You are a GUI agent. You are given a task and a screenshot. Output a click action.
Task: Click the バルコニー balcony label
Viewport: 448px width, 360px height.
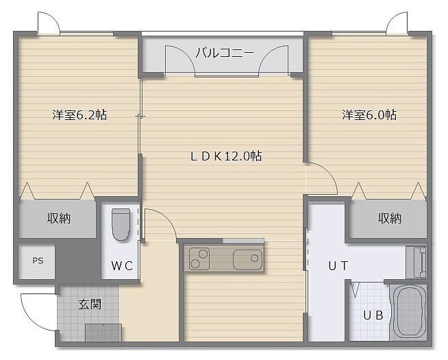click(225, 53)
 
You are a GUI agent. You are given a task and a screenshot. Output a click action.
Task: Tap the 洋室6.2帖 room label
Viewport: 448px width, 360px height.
click(79, 115)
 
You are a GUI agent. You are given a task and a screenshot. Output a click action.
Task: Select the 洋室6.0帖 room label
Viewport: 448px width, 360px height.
click(369, 115)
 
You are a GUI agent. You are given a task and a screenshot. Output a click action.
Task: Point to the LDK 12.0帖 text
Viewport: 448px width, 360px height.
click(226, 156)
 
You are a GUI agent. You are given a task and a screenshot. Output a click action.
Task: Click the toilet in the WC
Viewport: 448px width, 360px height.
click(121, 224)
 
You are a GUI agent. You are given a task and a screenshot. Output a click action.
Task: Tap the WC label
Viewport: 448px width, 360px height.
click(122, 266)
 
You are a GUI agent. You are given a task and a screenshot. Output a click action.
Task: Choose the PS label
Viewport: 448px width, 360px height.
click(38, 261)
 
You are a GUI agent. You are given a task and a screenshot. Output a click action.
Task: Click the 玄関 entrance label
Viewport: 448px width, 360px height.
click(90, 304)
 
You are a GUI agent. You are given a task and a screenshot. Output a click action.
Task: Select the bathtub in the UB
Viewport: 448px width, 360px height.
click(408, 311)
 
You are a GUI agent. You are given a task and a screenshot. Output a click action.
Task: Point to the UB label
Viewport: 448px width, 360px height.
click(373, 315)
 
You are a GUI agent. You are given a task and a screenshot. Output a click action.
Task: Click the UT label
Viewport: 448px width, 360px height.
click(338, 265)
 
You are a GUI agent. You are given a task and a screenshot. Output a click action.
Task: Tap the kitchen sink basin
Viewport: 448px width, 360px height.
click(247, 260)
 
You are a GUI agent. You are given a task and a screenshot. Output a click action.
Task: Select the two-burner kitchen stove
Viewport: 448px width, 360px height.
click(199, 259)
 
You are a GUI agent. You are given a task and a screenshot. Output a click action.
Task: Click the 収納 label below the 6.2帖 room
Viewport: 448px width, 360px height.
click(59, 218)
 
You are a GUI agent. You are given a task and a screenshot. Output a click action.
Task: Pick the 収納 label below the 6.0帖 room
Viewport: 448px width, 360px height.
click(390, 218)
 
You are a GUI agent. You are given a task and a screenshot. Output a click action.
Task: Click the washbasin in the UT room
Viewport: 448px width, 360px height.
click(416, 263)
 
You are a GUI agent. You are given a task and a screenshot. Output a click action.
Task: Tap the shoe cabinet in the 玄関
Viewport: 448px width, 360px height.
click(103, 333)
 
